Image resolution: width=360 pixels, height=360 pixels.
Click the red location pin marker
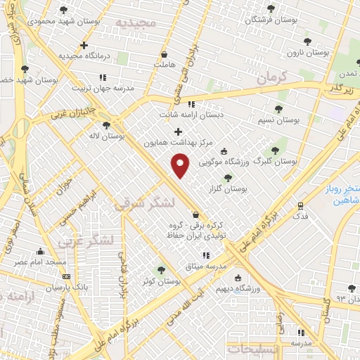[181, 165]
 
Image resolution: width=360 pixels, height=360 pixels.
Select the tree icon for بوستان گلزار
[226, 178]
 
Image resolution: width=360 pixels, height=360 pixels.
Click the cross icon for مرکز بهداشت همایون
[178, 131]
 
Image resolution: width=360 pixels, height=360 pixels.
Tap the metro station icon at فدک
[300, 206]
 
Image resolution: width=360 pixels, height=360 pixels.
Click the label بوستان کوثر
[161, 281]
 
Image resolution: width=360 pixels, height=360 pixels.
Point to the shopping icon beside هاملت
[165, 53]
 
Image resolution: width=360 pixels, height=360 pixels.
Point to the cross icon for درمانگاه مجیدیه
[84, 45]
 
